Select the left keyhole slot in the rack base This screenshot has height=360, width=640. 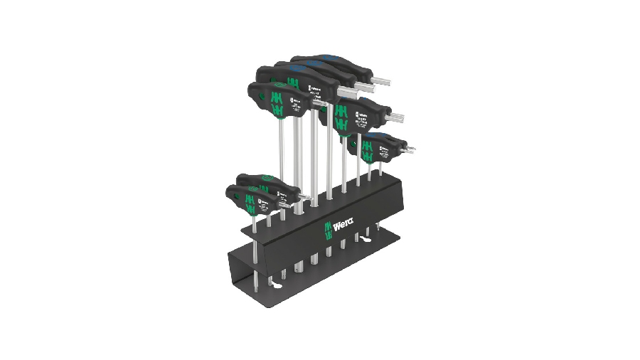tap(255, 287)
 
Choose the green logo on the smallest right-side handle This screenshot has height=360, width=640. tap(368, 150)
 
